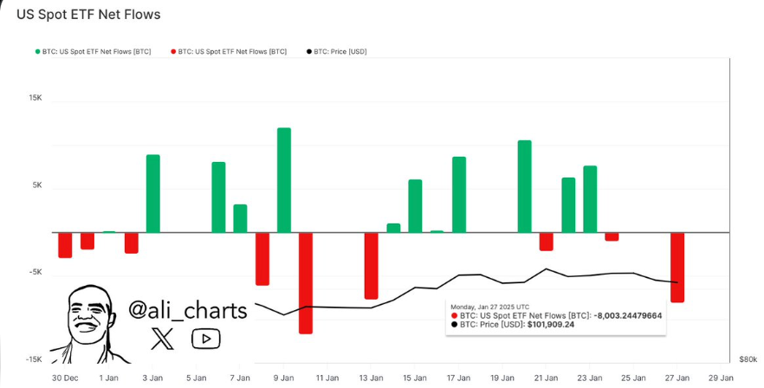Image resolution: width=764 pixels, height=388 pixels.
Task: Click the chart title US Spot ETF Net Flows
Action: tap(88, 15)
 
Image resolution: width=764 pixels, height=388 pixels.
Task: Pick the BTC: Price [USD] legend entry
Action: tap(337, 52)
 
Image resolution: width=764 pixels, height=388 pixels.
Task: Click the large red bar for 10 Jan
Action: tap(306, 282)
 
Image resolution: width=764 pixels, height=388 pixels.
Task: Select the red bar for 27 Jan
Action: tap(677, 267)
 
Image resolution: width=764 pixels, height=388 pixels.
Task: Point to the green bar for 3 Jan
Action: tap(153, 193)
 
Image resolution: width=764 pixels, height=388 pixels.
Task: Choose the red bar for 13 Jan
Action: tap(372, 265)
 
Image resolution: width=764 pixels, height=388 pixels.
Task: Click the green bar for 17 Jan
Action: tap(459, 194)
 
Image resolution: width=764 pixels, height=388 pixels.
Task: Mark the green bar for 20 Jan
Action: tap(524, 186)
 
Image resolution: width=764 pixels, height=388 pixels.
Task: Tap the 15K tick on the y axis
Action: tap(36, 98)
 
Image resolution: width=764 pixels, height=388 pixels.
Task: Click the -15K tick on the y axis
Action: tap(34, 359)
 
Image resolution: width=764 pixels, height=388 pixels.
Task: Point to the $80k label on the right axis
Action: tap(748, 359)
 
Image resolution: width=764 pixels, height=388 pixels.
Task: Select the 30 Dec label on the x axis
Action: tap(65, 378)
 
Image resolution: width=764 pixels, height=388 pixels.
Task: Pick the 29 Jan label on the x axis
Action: tap(721, 378)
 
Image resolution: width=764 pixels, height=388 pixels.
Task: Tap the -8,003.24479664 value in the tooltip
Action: tap(627, 316)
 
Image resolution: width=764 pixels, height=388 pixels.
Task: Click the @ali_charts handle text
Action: tap(187, 310)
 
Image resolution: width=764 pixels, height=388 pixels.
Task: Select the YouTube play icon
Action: tap(205, 339)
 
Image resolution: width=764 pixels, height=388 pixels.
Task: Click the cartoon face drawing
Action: tap(87, 322)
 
